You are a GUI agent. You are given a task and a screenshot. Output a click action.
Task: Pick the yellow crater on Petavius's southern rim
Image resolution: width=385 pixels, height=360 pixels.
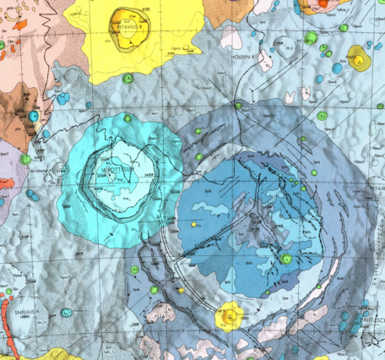click(229, 314)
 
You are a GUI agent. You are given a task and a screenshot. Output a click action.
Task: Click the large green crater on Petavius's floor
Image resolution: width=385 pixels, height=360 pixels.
click(287, 258)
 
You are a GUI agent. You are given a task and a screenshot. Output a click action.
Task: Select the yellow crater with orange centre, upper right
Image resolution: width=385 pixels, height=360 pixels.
click(358, 59)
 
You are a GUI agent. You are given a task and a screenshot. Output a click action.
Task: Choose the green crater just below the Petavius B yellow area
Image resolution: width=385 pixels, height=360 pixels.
click(128, 79)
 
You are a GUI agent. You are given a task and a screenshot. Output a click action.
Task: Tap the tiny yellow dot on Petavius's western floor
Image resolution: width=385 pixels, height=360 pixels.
click(195, 225)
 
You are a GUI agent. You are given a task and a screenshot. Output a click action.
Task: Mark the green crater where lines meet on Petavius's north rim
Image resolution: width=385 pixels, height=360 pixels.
click(239, 106)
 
